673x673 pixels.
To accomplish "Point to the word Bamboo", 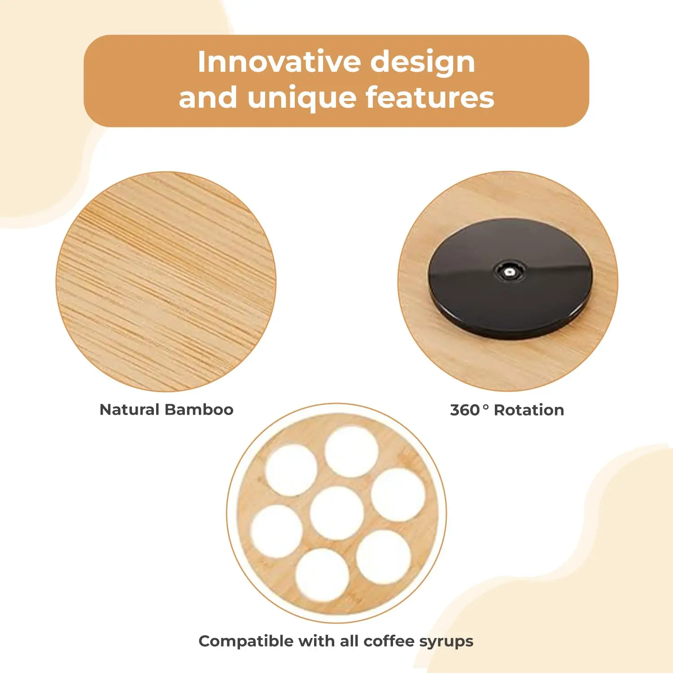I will click(x=199, y=410).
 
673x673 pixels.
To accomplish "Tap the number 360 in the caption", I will click(x=465, y=410).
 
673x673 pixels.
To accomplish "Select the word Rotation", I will click(x=529, y=410).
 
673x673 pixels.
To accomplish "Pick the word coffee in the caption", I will click(x=389, y=641).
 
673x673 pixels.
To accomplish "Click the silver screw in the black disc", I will click(x=509, y=272).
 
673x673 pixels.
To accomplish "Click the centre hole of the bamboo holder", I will click(x=336, y=513).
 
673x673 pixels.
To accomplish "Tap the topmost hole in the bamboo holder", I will click(x=351, y=451).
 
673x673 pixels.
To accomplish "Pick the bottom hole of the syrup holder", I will click(x=322, y=574).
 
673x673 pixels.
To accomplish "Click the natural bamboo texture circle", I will click(x=166, y=281).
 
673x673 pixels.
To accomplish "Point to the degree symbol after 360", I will click(x=485, y=407).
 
